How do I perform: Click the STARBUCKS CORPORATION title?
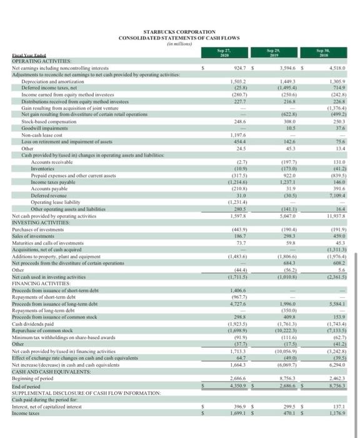pyautogui.click(x=179, y=32)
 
